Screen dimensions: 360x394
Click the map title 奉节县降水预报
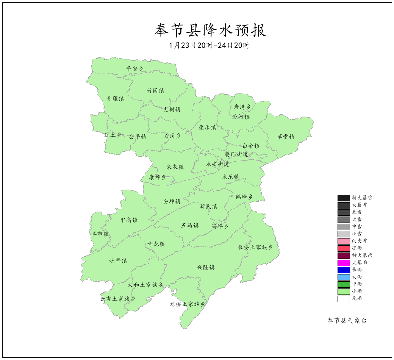coord(210,30)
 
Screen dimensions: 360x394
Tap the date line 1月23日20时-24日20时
coord(210,45)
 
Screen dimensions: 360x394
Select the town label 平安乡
coord(135,69)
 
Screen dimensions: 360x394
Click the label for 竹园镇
coord(155,91)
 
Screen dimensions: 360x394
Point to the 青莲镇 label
coord(115,99)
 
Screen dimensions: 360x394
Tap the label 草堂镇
coord(286,137)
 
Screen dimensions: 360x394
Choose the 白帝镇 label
coord(251,146)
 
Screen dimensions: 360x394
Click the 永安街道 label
coord(217,164)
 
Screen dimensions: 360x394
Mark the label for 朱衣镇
coord(175,167)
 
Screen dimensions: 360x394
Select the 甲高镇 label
coord(129,220)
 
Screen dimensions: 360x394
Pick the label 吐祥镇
coord(118,260)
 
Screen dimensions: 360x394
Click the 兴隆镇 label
coord(206,267)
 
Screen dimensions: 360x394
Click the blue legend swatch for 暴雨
coord(344,270)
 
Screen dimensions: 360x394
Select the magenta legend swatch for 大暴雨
coord(344,263)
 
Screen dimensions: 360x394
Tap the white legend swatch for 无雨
coord(344,299)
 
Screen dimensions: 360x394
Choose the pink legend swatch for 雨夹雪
coord(344,241)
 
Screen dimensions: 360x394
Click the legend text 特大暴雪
coord(362,198)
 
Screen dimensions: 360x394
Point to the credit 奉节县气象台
coord(347,321)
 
